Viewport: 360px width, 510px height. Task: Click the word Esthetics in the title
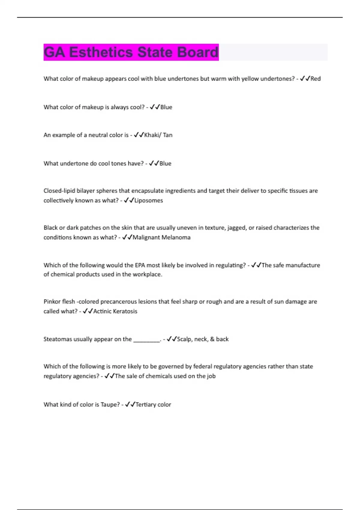[x=101, y=52]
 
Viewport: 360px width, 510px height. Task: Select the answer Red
[x=316, y=79]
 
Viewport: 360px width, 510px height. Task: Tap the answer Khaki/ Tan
[x=158, y=135]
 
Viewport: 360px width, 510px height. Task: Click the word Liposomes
[x=148, y=200]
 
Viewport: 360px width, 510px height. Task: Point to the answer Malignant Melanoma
[x=161, y=237]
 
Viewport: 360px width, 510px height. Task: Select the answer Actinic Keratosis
[x=115, y=311]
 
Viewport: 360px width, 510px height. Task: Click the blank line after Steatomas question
[x=147, y=340]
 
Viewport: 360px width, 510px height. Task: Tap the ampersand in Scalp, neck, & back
[x=212, y=339]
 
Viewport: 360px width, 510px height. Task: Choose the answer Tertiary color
[x=153, y=405]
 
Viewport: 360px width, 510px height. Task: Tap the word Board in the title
[x=197, y=52]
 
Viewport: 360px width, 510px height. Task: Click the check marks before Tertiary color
[x=130, y=405]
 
